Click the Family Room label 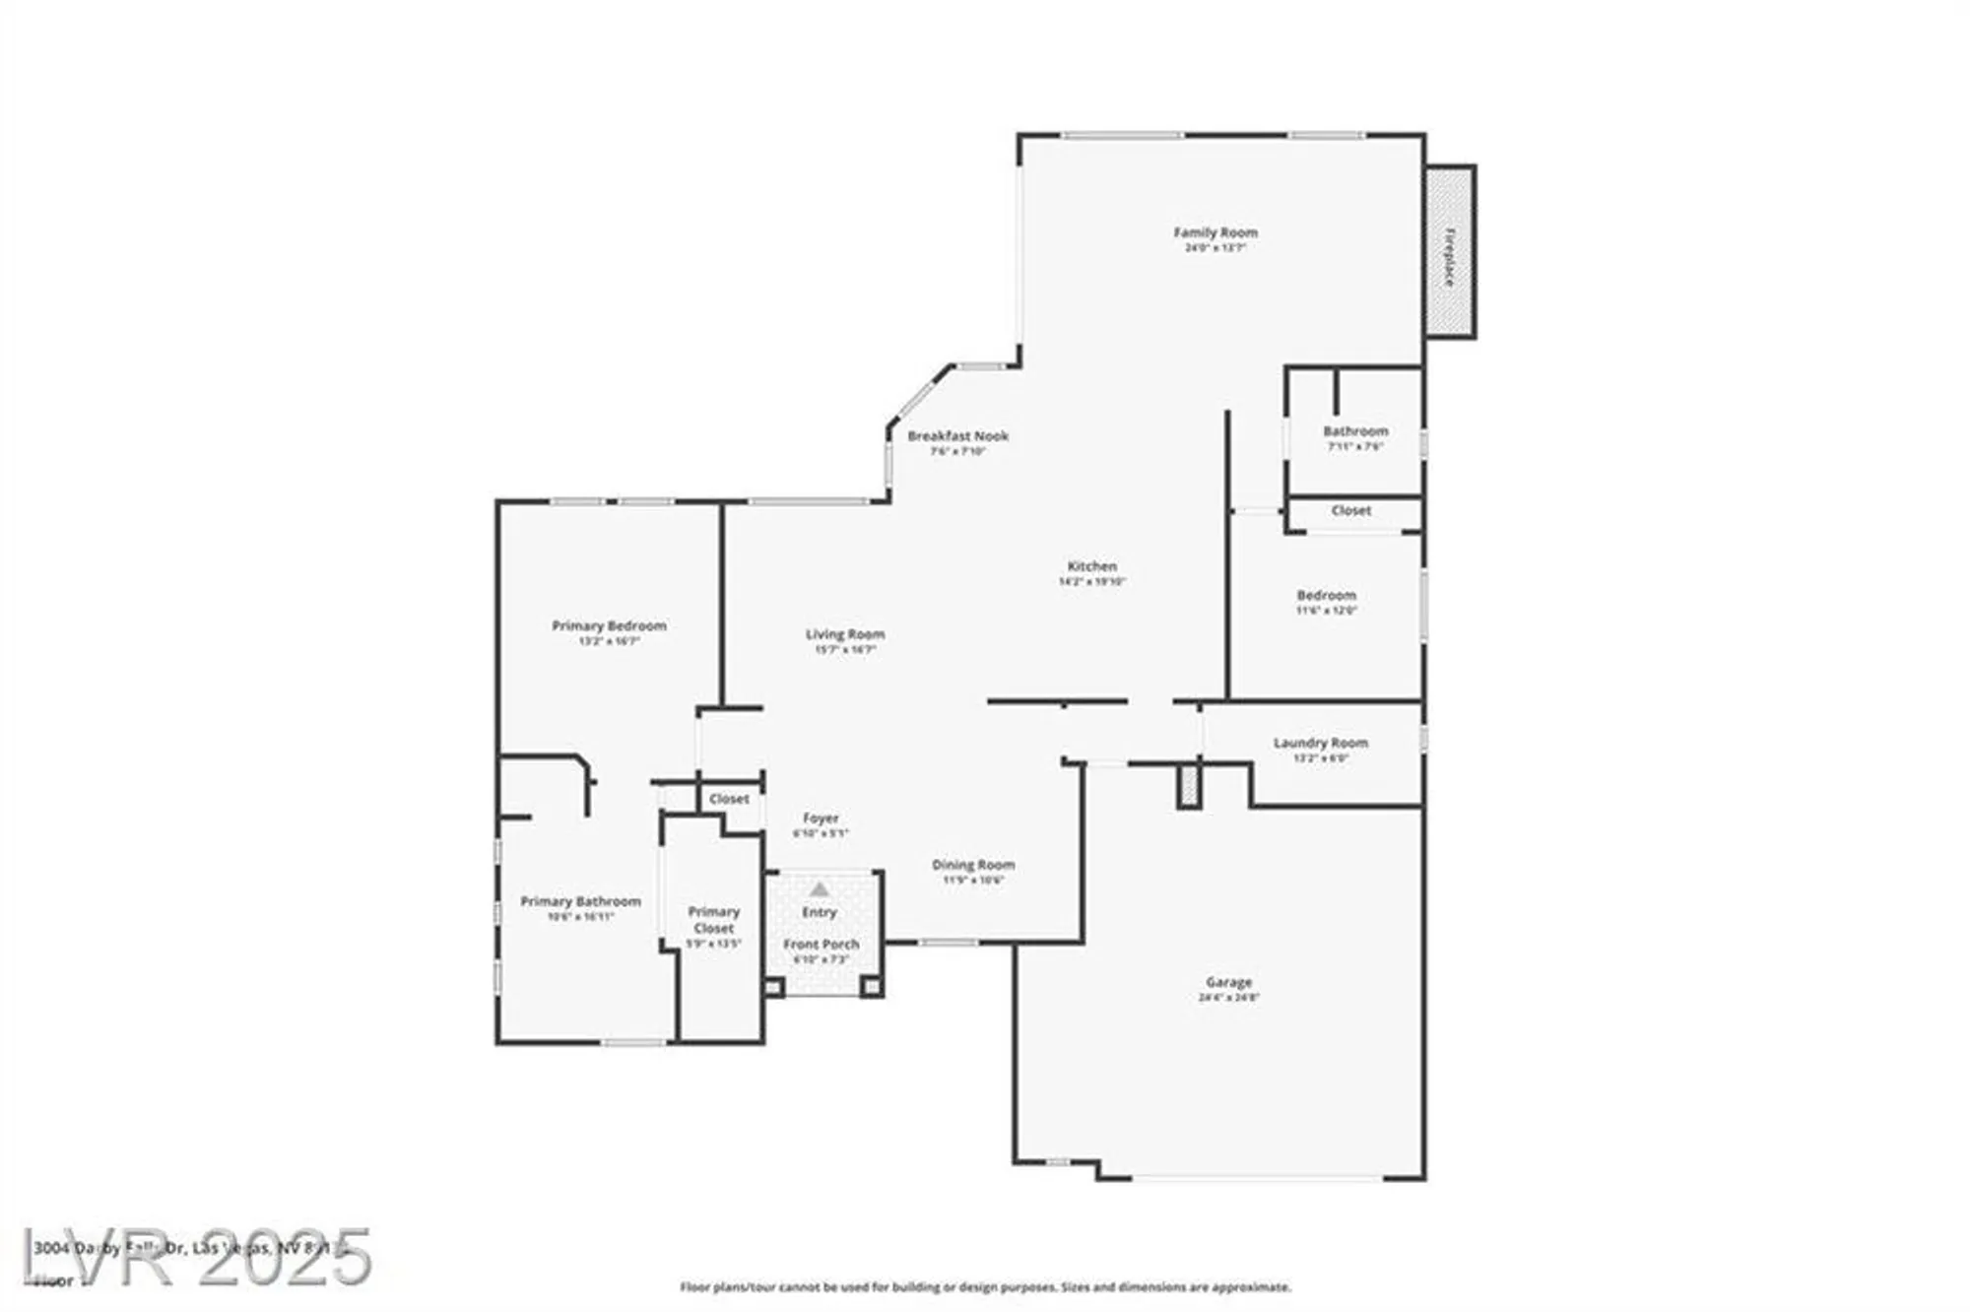coord(1215,232)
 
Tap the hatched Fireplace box coord(1449,252)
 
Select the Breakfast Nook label coord(957,435)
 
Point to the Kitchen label coord(1091,566)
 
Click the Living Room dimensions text coord(844,650)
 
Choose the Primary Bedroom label coord(609,625)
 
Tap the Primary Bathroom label coord(580,901)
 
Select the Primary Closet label coord(713,920)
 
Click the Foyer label coord(821,818)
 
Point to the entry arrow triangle coord(820,889)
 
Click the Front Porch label coord(821,944)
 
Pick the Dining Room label coord(973,865)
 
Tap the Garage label coord(1228,982)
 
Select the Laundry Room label coord(1320,743)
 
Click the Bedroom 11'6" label coord(1326,595)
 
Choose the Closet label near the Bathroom coord(1350,510)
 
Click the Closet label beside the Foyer coord(729,799)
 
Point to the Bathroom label coord(1355,430)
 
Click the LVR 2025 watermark coord(197,1257)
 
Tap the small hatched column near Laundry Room coord(1190,786)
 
